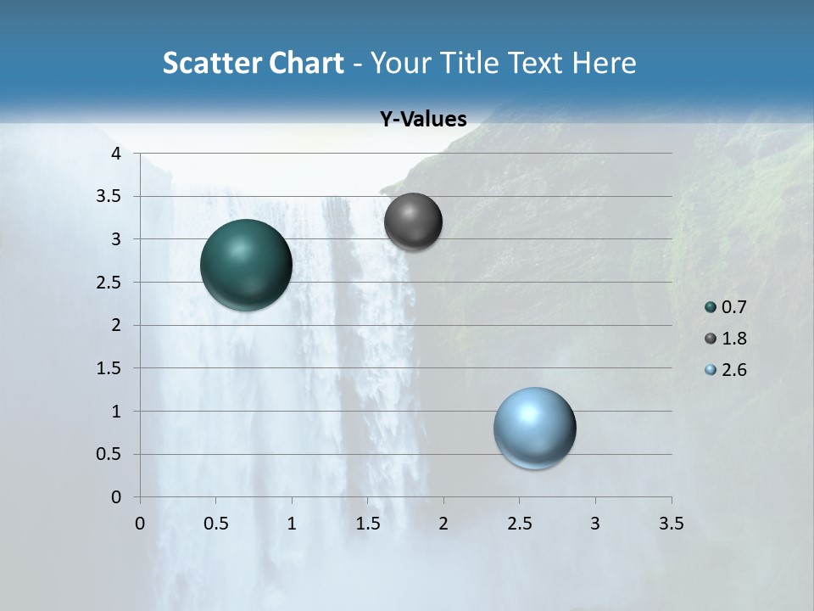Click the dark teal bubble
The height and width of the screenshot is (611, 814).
247,265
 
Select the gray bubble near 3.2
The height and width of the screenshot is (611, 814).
413,222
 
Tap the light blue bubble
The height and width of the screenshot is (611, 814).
535,428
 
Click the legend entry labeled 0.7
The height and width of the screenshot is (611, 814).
725,307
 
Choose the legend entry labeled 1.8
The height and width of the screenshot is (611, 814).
725,339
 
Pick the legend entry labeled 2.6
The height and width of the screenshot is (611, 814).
725,370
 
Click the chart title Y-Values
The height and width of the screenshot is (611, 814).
423,120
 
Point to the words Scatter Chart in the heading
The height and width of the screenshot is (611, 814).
253,63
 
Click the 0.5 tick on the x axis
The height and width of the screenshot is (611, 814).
215,524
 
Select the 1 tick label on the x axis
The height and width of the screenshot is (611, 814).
292,524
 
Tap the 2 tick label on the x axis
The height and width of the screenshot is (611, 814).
443,524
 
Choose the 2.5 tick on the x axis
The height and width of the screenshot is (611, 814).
519,524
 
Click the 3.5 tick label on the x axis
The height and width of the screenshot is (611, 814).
671,524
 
